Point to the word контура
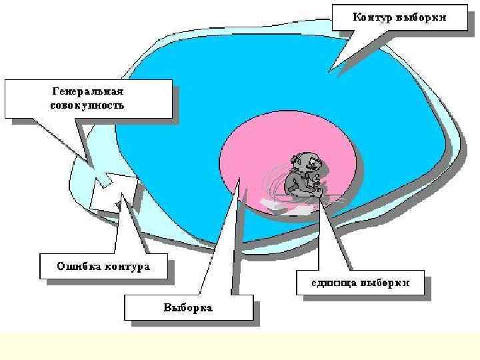pyautogui.click(x=127, y=267)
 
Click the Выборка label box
pyautogui.click(x=189, y=308)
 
